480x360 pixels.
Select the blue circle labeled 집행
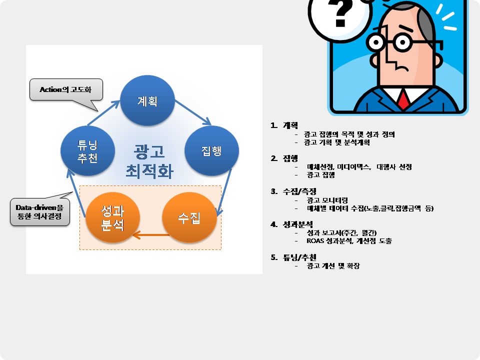211,151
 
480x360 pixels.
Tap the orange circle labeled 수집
189,218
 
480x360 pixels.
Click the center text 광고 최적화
149,161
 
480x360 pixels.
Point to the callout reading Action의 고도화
66,90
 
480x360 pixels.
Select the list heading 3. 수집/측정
287,191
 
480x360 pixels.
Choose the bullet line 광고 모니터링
327,200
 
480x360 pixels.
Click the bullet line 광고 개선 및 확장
333,266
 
